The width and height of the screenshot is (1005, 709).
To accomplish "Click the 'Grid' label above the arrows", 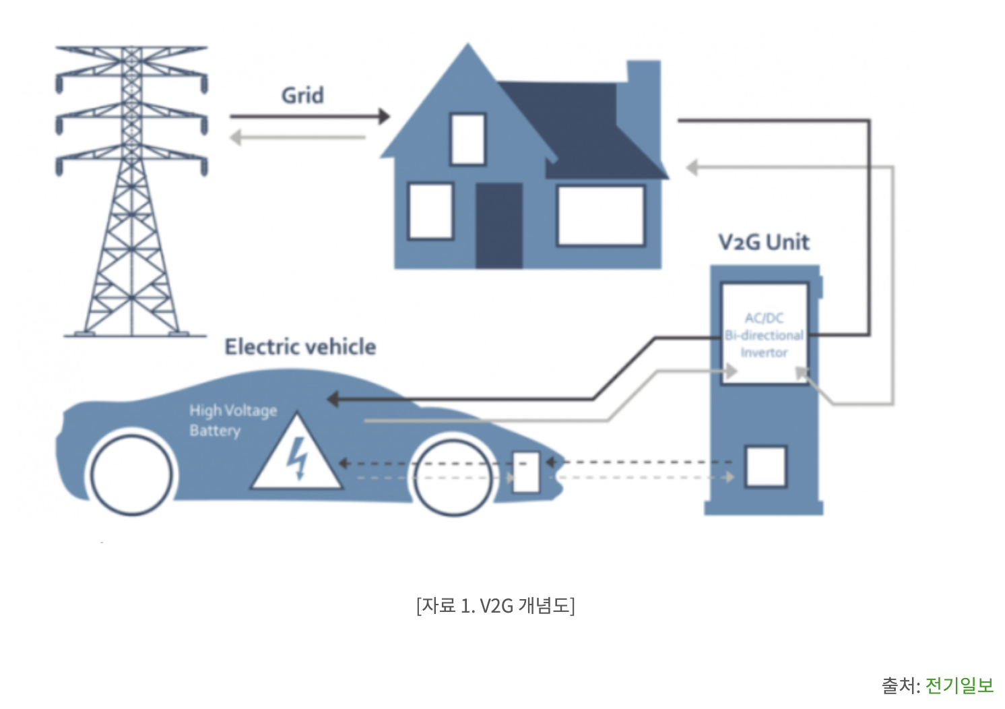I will click(x=302, y=96).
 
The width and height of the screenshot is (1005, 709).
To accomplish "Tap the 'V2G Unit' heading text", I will click(x=764, y=242).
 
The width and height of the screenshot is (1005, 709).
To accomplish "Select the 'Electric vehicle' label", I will click(x=300, y=346).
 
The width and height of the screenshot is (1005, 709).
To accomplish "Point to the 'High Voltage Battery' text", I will click(x=232, y=420).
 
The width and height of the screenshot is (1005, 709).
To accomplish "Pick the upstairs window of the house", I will click(x=467, y=139).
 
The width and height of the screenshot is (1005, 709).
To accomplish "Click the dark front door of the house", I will click(x=499, y=225).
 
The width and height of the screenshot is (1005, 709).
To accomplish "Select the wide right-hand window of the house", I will click(x=600, y=216).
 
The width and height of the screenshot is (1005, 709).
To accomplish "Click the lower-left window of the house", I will click(x=430, y=211).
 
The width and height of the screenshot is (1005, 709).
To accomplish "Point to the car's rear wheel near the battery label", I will click(x=132, y=474).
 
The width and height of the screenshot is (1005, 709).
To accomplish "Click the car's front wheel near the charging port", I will click(x=453, y=476).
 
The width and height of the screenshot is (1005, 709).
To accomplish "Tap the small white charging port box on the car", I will click(x=526, y=471).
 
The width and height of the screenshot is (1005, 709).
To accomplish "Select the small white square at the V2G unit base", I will click(x=766, y=466).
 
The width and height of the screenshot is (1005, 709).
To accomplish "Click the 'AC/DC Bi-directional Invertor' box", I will click(x=765, y=334).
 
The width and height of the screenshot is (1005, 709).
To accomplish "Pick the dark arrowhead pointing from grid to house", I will click(x=384, y=117).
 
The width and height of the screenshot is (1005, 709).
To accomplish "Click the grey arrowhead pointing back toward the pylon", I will click(x=235, y=137).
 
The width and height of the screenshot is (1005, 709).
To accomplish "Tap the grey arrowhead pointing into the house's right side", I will click(x=692, y=167).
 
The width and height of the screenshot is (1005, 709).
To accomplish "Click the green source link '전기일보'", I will click(x=959, y=685).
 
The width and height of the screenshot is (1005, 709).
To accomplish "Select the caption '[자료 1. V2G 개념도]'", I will click(x=495, y=605).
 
